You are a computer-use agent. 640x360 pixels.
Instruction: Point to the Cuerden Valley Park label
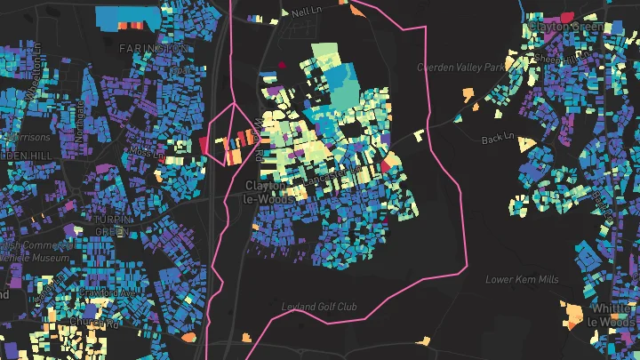[460, 67]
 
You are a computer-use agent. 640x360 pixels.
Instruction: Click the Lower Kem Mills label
[522, 279]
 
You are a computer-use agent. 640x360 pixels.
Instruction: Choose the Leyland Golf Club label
[319, 308]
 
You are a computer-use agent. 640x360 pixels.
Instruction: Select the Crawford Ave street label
[108, 292]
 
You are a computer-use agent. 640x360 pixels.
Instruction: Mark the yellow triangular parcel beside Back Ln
[525, 143]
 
